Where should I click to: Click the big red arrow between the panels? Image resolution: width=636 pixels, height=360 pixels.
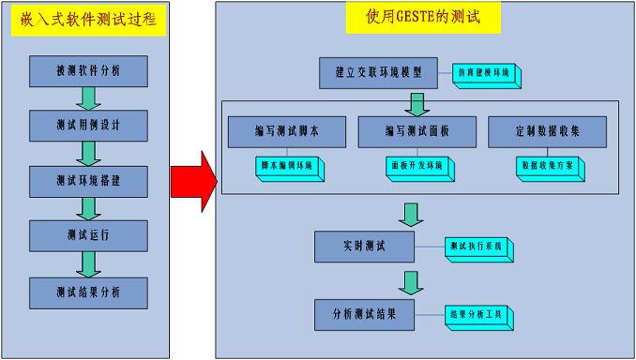(192, 178)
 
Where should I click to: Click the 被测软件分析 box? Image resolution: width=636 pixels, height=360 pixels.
(88, 70)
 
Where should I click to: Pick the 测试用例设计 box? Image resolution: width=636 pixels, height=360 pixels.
(88, 125)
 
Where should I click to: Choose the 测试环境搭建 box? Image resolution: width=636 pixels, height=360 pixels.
(88, 180)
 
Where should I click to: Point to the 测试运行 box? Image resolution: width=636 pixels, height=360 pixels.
(88, 235)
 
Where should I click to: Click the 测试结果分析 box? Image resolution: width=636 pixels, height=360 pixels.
(88, 292)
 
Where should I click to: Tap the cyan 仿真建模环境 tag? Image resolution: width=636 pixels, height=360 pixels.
(484, 74)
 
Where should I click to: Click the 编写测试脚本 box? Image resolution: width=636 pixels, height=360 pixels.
(286, 132)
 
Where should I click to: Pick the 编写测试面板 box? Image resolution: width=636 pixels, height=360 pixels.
(416, 132)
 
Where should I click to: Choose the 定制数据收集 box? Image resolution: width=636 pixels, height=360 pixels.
(548, 132)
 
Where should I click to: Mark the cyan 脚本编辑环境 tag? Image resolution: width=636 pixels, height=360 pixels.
(290, 166)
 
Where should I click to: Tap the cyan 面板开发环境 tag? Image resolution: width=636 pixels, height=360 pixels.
(420, 166)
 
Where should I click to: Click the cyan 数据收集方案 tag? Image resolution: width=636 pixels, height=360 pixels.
(552, 166)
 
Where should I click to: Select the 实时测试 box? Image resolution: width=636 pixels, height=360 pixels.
(364, 246)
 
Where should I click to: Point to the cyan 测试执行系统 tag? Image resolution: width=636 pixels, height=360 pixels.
(477, 247)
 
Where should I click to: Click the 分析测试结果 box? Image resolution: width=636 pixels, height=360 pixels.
(364, 314)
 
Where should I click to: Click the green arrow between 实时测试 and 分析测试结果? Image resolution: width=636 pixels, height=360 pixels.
(409, 280)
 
